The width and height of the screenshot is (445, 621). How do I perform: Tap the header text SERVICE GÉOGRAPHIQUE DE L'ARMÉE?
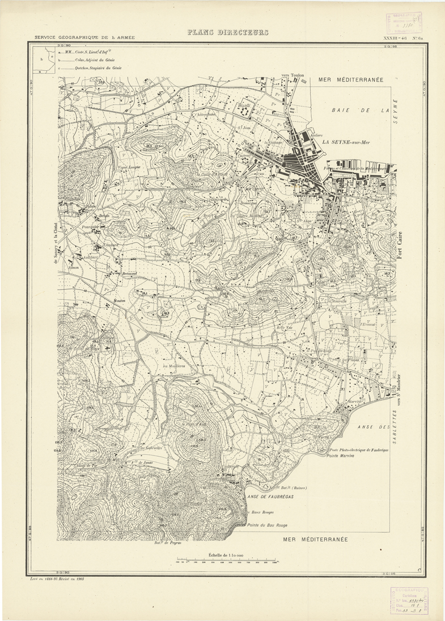click(x=84, y=37)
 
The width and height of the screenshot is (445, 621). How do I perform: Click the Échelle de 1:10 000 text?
click(x=226, y=555)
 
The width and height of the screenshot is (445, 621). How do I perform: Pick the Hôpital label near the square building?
click(x=244, y=106)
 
